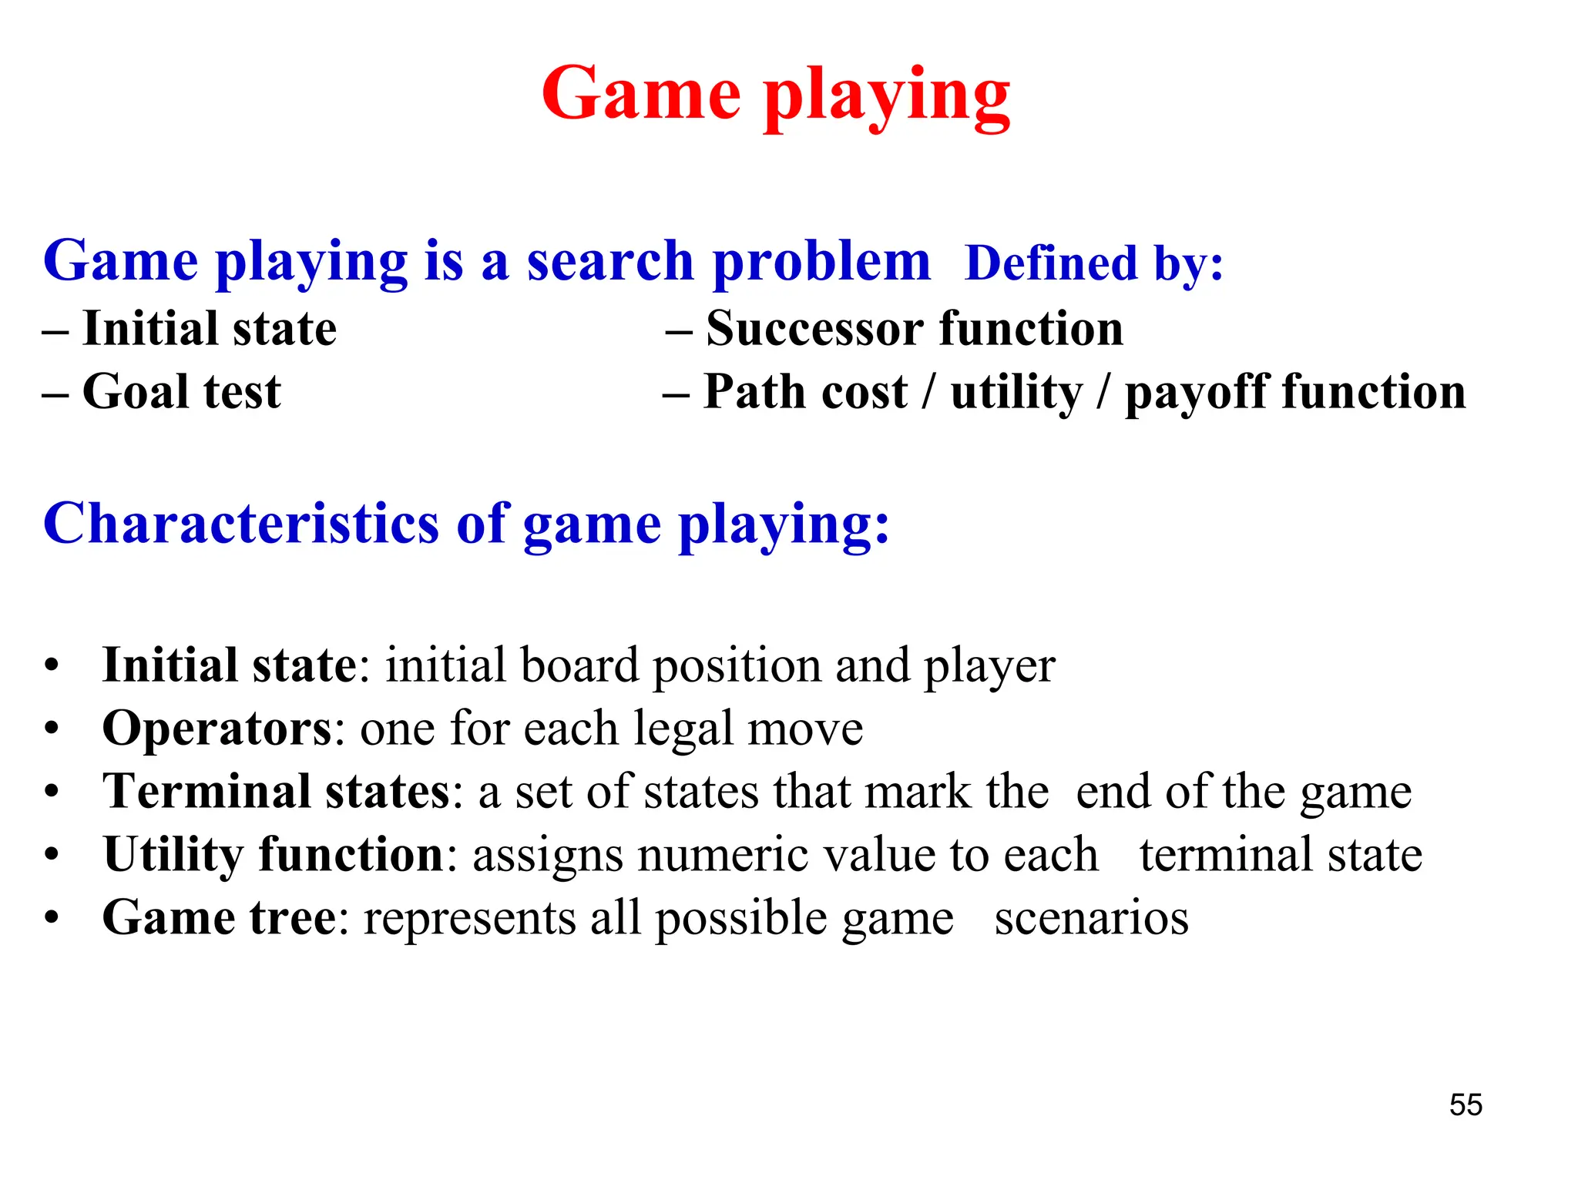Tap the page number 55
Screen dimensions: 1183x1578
[x=1466, y=1104]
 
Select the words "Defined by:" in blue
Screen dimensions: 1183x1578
[x=1094, y=263]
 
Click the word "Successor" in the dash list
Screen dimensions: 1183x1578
[x=815, y=329]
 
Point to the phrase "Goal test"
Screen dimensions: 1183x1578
[x=182, y=391]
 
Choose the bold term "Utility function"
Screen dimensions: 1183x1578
[x=274, y=855]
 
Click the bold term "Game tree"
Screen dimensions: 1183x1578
[x=220, y=918]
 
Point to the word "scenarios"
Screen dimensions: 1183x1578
[x=1091, y=918]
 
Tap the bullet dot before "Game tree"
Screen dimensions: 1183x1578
[x=52, y=918]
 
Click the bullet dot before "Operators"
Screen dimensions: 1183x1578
[x=52, y=729]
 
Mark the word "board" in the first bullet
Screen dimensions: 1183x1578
[x=579, y=665]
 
